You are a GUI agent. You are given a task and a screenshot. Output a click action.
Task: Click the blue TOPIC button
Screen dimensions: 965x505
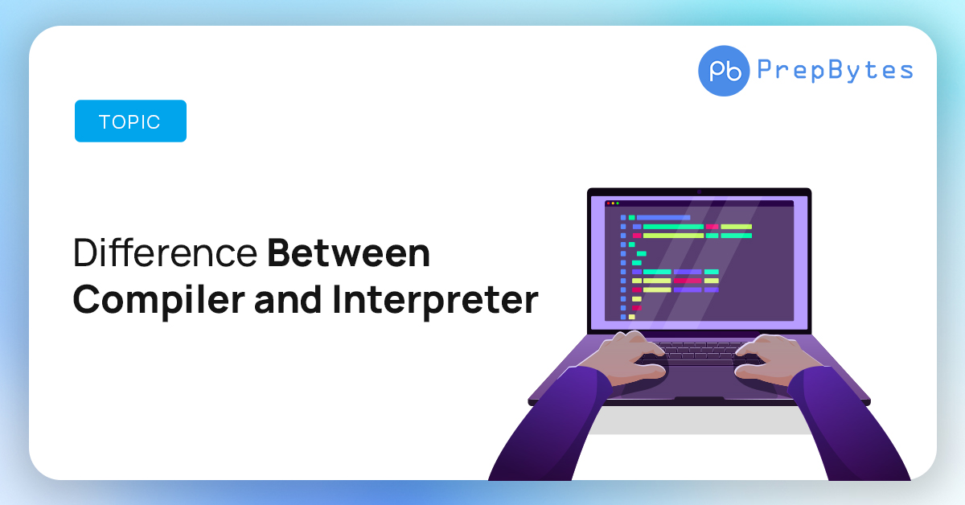point(130,121)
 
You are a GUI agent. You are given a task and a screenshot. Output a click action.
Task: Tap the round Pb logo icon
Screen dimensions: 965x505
point(724,71)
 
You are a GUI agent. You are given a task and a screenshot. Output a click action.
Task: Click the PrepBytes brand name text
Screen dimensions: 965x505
point(835,70)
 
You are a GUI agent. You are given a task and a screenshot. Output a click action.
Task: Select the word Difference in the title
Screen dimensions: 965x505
point(165,253)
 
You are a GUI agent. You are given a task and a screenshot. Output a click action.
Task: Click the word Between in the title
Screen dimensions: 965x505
point(348,253)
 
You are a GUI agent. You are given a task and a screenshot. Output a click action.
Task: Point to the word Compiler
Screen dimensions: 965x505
point(158,299)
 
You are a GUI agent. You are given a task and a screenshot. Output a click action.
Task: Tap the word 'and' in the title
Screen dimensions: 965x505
point(288,299)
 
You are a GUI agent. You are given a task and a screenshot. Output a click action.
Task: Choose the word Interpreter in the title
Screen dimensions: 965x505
point(435,299)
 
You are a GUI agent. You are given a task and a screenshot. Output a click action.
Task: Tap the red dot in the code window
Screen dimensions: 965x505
point(608,203)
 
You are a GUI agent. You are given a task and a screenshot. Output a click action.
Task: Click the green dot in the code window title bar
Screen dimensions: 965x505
point(618,203)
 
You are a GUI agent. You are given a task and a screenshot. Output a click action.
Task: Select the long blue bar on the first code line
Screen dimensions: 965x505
point(663,218)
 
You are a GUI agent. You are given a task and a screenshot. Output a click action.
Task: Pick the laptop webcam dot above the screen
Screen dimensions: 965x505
point(699,192)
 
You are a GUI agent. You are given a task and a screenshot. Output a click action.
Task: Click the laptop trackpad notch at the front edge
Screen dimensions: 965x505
point(699,399)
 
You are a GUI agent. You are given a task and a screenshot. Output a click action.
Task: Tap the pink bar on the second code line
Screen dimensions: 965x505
point(712,227)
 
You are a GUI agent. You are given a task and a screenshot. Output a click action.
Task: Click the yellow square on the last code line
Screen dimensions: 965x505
point(631,317)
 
